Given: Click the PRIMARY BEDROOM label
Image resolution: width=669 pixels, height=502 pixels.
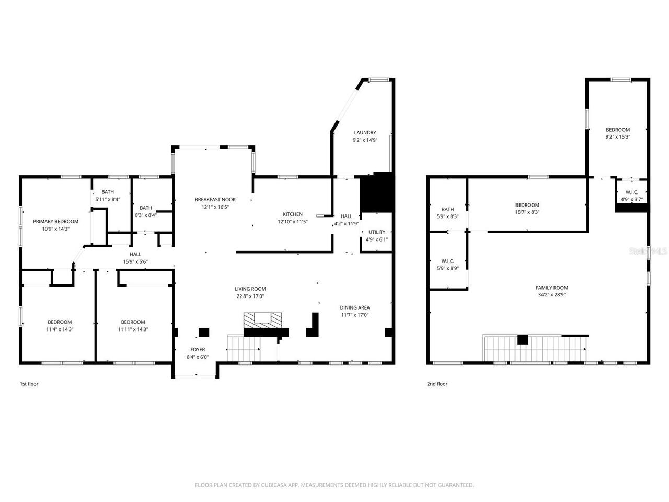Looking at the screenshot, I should coord(55,221).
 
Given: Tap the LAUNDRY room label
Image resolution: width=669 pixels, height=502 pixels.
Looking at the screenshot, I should coord(365,133).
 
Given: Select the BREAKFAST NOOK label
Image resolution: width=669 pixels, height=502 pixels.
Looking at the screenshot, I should coord(215,199).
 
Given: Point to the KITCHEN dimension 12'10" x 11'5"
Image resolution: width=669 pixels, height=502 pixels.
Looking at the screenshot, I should coord(293,222).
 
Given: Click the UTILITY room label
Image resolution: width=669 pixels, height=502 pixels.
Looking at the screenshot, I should coord(376,232).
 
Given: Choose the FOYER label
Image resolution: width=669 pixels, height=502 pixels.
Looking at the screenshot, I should coord(198,349).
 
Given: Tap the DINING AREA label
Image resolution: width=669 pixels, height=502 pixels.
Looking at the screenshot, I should coord(355,307).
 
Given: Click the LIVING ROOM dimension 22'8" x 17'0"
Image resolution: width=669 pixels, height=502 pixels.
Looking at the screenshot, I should coord(250,296).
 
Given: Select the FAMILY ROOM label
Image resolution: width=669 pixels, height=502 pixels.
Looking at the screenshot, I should coord(551,288).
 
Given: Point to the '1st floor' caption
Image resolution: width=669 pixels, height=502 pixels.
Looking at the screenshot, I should coord(29,384).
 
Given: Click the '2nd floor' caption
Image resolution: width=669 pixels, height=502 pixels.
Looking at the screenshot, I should coord(437,384).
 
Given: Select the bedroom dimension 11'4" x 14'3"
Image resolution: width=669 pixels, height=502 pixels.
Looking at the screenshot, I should coord(60,329).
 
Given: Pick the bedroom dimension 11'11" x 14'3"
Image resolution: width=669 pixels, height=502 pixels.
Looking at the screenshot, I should coord(133,329).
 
